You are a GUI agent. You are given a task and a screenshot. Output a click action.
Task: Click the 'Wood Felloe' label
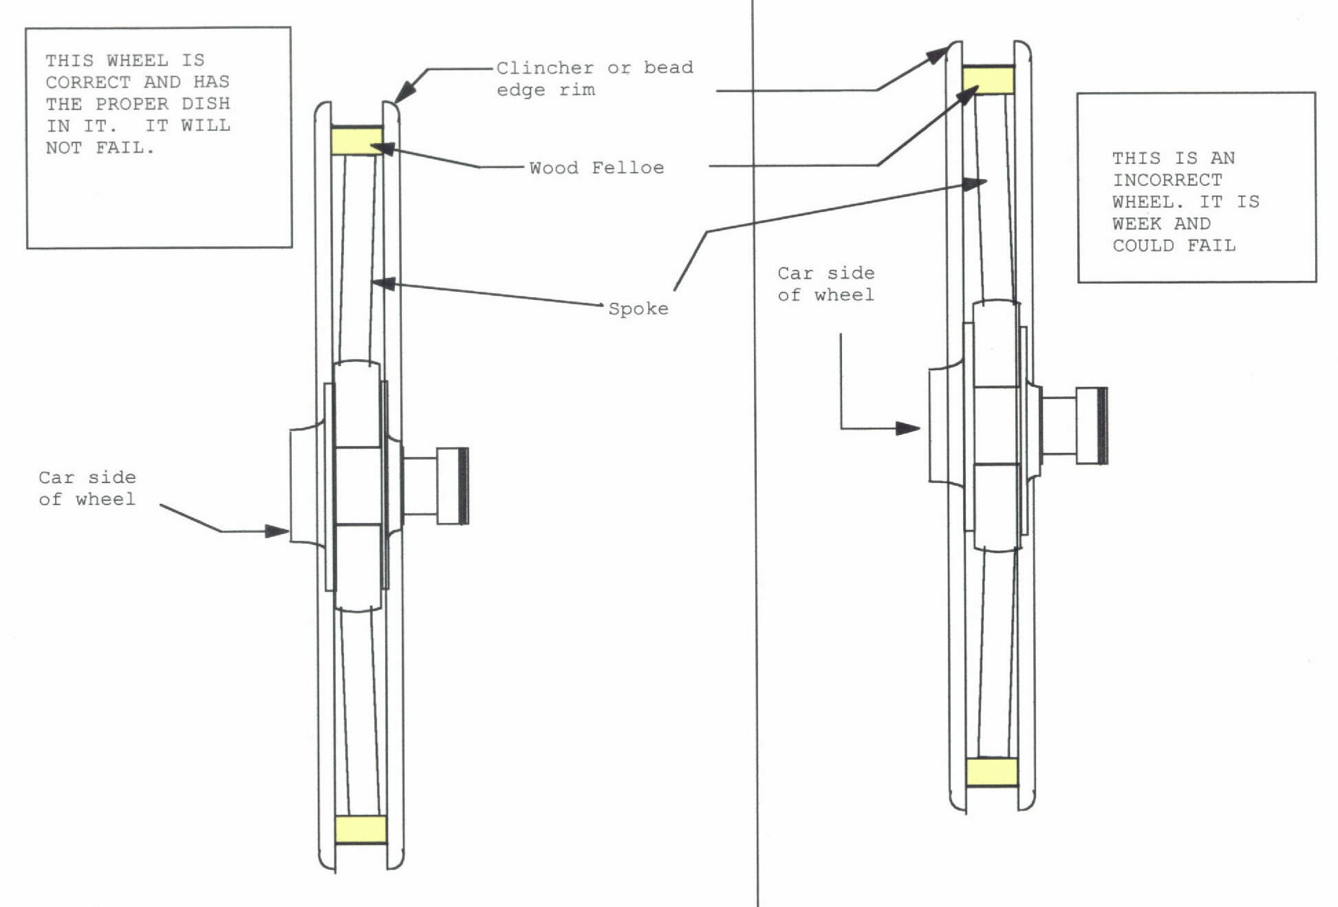point(596,168)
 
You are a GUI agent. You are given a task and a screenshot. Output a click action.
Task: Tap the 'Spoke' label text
point(638,309)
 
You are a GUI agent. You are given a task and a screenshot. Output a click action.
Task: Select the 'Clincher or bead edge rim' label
point(595,78)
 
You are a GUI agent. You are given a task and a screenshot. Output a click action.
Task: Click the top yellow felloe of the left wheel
point(357,140)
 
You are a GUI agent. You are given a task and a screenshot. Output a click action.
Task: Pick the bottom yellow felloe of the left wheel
point(360,829)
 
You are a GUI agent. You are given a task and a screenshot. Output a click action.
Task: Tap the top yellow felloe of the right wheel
point(988,80)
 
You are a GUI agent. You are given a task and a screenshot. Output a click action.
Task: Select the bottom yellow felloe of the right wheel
point(991,772)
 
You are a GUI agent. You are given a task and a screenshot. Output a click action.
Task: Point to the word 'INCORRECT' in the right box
point(1167,180)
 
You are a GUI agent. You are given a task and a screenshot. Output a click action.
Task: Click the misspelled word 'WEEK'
point(1137,224)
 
